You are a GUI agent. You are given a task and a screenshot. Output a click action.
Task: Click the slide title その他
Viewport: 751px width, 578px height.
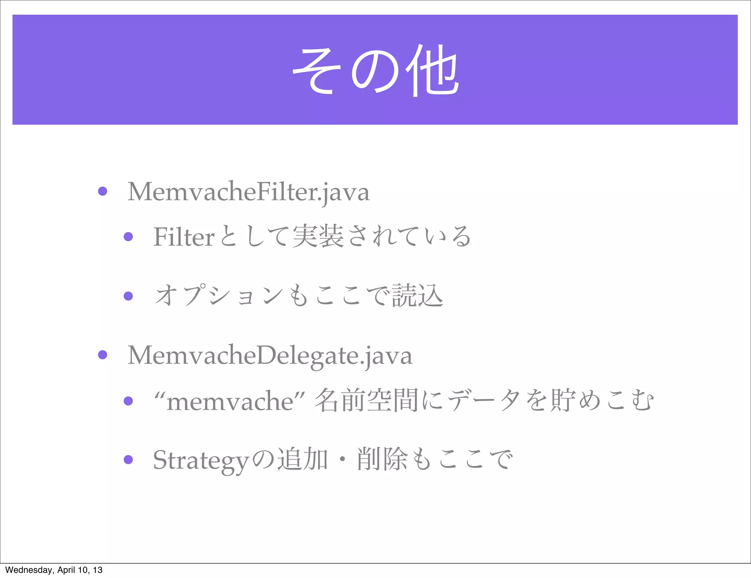[375, 70]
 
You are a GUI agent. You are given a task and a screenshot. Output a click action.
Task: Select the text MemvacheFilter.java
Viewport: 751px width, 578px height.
[248, 192]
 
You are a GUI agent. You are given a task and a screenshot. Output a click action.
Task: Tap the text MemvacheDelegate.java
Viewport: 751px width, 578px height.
[270, 355]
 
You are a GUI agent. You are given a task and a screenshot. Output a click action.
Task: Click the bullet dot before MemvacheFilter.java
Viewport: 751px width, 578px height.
[103, 191]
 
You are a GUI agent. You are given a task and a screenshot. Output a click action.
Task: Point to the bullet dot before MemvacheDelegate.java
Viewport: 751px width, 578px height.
[103, 355]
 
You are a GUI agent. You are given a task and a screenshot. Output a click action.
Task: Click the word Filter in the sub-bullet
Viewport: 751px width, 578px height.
[183, 237]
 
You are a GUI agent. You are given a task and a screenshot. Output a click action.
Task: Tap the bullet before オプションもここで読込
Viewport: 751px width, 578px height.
[128, 296]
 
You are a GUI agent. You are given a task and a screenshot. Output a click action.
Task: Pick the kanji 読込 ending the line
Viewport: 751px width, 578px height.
[417, 296]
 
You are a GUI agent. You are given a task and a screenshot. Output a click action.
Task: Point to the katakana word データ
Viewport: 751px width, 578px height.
[483, 400]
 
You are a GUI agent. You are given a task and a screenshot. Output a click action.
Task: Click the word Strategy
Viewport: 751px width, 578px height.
[201, 460]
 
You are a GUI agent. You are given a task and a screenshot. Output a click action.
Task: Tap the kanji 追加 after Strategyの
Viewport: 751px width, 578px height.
[302, 459]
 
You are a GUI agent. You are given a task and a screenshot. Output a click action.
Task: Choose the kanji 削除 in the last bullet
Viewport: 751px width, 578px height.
[382, 459]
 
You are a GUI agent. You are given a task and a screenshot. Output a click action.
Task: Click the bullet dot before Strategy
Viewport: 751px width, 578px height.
[128, 459]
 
